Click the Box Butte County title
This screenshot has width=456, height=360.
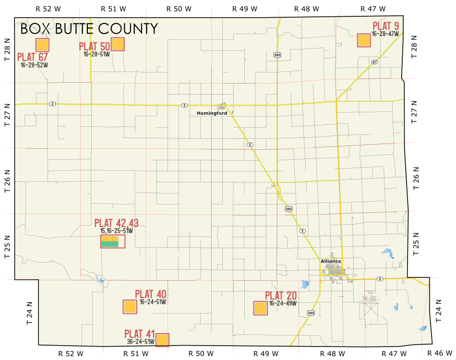coord(89,29)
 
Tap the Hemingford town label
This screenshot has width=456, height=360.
coord(212,113)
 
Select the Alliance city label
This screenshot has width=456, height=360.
coord(331,262)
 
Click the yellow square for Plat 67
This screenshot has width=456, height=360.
coord(42,45)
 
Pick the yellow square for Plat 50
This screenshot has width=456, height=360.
coord(118,44)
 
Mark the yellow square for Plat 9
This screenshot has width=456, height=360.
coord(364,40)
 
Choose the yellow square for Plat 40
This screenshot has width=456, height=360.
coord(130,307)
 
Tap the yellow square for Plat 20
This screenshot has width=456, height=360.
coord(260,308)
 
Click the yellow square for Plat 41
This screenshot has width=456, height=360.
coord(162,340)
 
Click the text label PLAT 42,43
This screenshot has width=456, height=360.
coord(117,223)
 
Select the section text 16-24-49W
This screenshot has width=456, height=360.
coord(283,303)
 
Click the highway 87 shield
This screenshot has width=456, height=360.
coord(374,62)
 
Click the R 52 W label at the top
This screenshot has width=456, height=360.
coord(48,9)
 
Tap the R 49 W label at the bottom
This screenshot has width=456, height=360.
coord(265,354)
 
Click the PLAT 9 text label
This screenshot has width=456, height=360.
coord(386,26)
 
